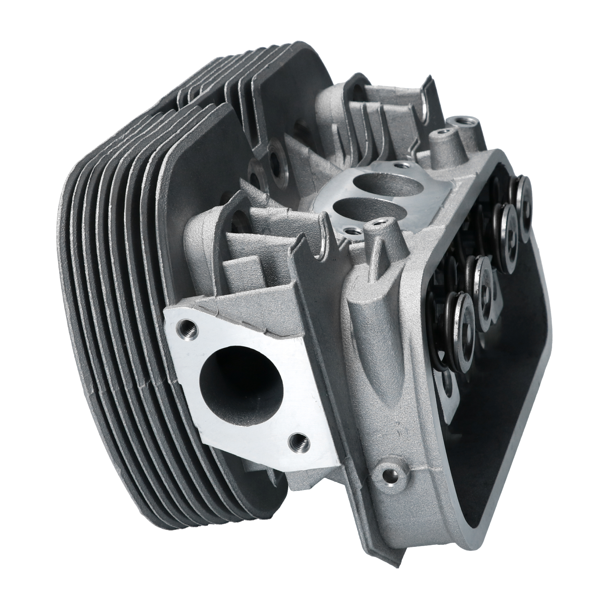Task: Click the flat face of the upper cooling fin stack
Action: point(292,93)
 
